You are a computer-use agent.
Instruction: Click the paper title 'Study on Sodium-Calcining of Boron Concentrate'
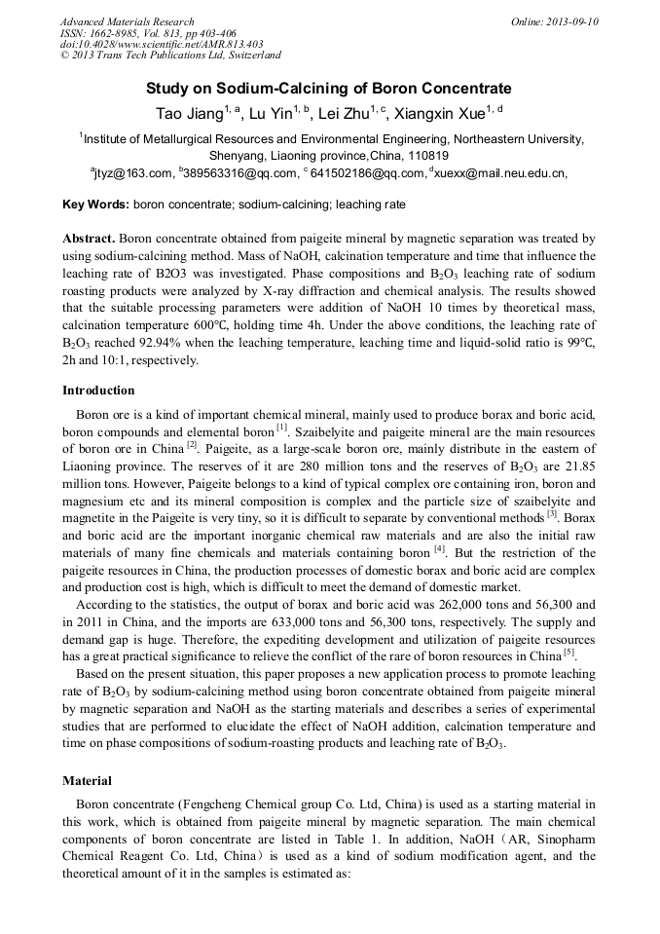pos(329,88)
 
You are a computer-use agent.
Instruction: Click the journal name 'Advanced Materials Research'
pos(128,21)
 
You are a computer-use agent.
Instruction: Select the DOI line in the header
pos(162,44)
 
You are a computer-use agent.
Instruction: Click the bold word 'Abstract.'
pos(90,239)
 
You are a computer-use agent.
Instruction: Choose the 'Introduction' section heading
pos(98,391)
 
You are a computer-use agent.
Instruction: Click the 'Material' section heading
pos(87,780)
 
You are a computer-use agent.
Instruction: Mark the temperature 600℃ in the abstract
pos(202,326)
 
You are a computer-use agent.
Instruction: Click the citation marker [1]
pos(281,428)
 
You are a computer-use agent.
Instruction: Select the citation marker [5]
pos(568,652)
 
